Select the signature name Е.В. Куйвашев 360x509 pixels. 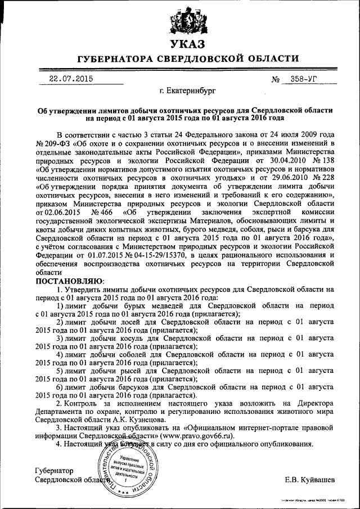tap(309, 480)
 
